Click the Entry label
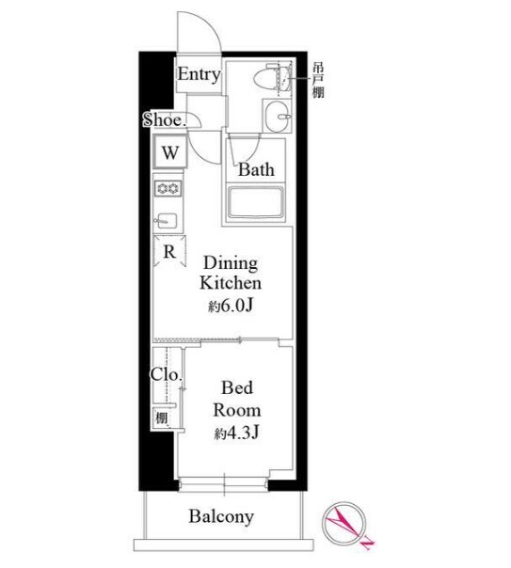199,74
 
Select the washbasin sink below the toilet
276,116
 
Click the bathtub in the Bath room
255,203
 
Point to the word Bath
256,169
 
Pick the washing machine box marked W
170,151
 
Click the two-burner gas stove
168,189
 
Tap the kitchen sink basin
167,220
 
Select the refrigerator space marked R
169,251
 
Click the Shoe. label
165,120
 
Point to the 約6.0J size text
231,306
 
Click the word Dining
231,263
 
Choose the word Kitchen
231,282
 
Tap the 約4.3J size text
236,433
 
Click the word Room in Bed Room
237,410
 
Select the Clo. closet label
166,374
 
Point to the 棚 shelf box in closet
161,418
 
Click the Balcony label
221,516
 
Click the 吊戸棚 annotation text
318,80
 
